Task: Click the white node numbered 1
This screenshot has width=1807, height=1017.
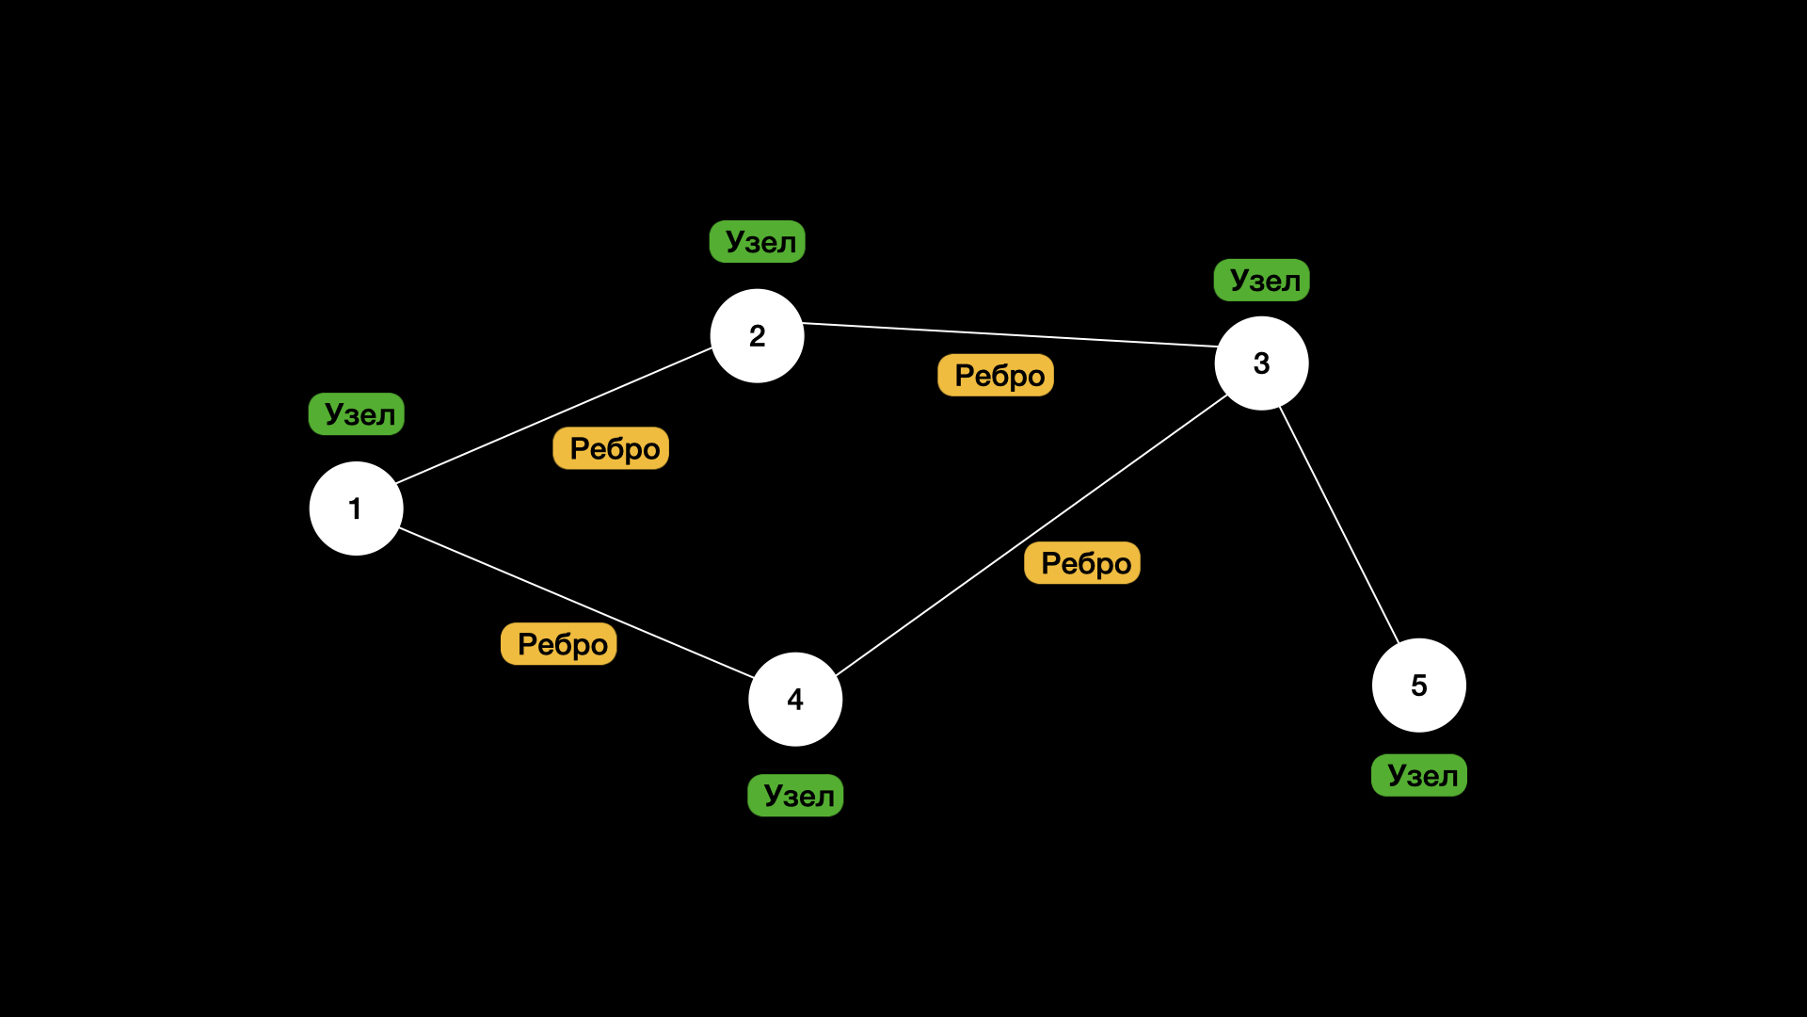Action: tap(356, 508)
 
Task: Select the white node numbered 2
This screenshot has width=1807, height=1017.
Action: tap(757, 336)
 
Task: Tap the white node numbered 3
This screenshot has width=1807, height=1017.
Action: tap(1261, 363)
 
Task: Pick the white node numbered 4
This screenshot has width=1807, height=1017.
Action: tap(795, 700)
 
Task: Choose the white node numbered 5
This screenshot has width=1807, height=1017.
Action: tap(1418, 686)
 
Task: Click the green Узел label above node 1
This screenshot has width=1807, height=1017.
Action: tap(357, 414)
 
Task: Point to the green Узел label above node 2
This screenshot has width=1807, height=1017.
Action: tap(758, 242)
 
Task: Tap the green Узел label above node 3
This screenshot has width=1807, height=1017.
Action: tap(1262, 281)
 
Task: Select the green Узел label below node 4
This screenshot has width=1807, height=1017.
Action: tap(795, 796)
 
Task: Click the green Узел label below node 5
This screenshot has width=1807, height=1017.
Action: tap(1419, 776)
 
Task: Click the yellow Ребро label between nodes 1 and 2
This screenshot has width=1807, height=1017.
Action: tap(611, 448)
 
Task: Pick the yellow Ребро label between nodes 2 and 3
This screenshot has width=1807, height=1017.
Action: tap(996, 376)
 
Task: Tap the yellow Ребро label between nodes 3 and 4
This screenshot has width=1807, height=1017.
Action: tap(1082, 563)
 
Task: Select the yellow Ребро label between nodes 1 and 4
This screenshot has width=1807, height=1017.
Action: tap(559, 644)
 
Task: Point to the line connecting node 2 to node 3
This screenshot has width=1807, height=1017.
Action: tap(1010, 335)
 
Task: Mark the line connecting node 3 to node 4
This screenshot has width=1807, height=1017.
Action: tap(1031, 536)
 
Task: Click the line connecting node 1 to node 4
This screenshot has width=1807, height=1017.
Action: tap(576, 603)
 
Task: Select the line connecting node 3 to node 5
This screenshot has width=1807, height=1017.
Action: tap(1339, 525)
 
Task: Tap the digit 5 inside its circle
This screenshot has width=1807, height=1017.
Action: tap(1418, 686)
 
